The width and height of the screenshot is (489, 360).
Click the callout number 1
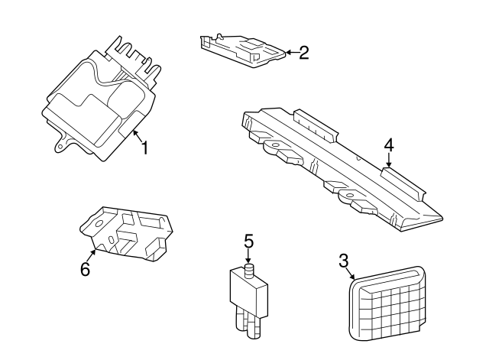145,148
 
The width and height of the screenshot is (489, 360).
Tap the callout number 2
304,53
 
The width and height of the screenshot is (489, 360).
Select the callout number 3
343,261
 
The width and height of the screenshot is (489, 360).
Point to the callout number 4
389,145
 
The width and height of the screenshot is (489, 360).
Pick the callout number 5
248,242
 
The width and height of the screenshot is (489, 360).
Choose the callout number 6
85,269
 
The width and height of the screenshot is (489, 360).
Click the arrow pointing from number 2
292,52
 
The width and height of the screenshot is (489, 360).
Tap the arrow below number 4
389,161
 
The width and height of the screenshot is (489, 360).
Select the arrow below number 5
248,256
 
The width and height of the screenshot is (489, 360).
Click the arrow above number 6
92,255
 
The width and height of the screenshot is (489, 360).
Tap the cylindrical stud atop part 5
249,271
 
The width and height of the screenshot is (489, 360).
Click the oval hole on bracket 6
111,239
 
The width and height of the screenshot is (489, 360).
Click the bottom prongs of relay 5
248,322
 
